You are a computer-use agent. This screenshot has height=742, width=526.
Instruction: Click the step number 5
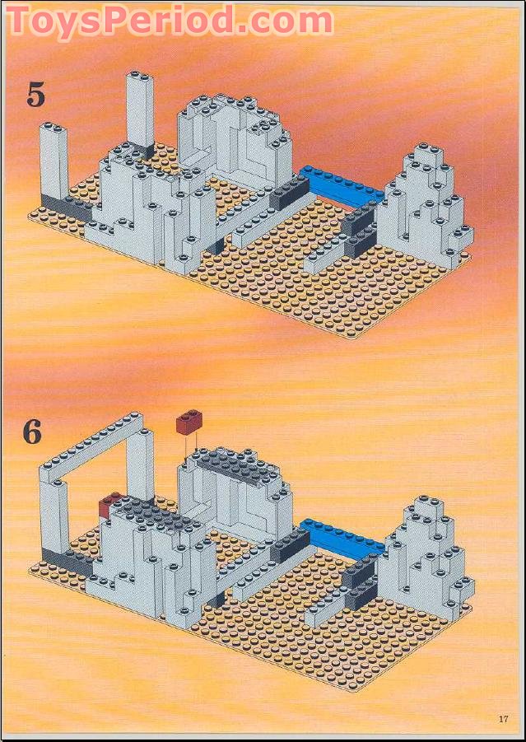[35, 95]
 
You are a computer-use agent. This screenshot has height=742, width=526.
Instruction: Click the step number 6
[32, 432]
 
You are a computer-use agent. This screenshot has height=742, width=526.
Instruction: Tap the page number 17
[503, 719]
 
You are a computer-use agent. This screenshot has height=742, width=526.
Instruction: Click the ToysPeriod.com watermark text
[169, 22]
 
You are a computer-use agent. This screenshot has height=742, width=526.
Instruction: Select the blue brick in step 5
[342, 184]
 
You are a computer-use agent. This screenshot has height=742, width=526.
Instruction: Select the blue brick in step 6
[342, 535]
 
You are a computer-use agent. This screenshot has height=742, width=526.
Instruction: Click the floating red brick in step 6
[189, 423]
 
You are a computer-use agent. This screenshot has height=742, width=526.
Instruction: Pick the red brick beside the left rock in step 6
[109, 506]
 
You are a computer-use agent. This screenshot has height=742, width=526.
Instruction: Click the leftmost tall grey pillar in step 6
[54, 516]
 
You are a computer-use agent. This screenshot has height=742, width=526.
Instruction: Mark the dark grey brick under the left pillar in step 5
[62, 207]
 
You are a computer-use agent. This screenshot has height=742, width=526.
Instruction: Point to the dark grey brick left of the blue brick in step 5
[288, 194]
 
